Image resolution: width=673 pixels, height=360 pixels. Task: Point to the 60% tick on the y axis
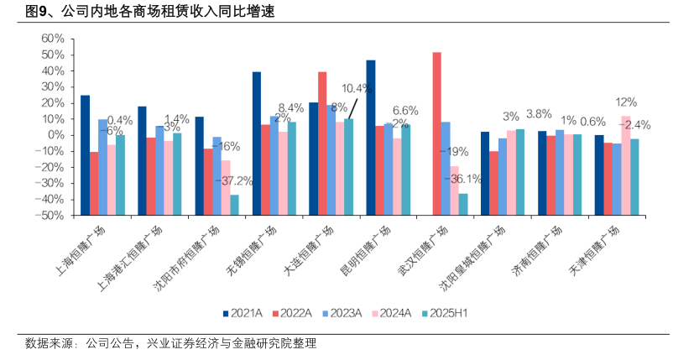tap(52, 39)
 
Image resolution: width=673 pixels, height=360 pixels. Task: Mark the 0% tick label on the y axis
tap(55, 135)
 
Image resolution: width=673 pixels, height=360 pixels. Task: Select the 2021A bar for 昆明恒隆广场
tap(371, 97)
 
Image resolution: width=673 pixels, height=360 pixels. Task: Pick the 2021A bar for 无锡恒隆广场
tap(257, 103)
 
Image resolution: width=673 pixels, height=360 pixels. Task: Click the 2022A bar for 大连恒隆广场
tap(322, 103)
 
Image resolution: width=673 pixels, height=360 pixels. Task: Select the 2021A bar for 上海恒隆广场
tap(85, 115)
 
